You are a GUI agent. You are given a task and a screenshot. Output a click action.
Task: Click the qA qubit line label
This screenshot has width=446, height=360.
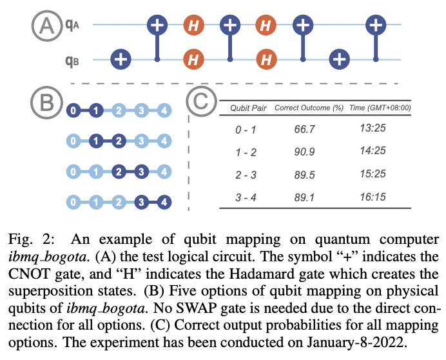[x=72, y=26]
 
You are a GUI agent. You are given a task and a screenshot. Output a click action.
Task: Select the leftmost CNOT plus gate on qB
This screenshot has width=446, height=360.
[x=120, y=60]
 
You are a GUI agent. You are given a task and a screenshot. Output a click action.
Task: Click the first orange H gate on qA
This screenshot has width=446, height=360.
[x=192, y=26]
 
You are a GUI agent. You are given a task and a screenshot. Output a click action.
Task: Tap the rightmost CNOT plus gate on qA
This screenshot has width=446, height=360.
[x=376, y=26]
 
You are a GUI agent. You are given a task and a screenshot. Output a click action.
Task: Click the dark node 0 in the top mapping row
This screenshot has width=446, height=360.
[x=74, y=110]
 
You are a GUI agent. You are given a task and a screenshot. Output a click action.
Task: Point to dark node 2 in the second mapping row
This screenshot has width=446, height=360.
[x=119, y=141]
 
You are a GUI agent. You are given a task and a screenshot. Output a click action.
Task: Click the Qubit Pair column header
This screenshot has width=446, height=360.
[x=249, y=108]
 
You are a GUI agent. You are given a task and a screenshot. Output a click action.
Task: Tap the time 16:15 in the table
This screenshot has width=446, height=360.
[x=373, y=197]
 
